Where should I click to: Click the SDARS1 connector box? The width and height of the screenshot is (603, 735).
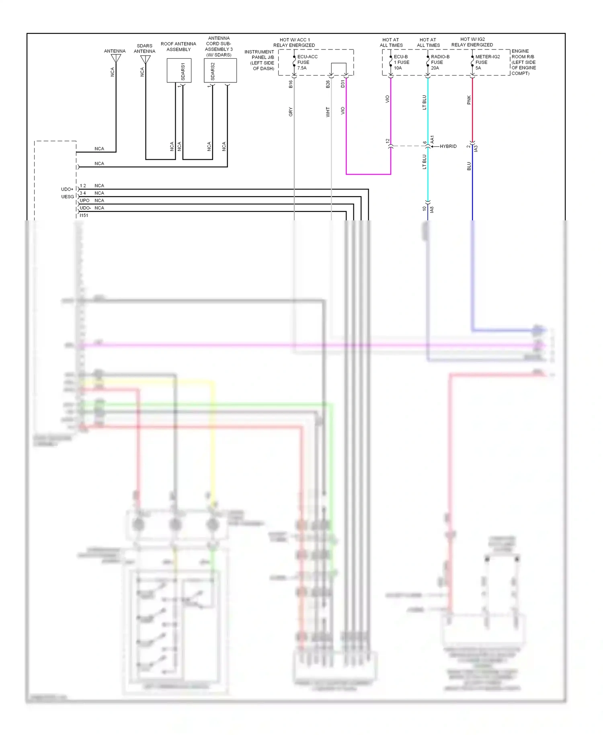point(179,70)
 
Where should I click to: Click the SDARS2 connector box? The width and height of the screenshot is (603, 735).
point(220,70)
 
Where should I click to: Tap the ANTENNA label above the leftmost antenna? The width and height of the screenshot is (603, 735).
point(115,51)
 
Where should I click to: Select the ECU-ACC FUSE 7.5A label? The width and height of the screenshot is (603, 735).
point(307,62)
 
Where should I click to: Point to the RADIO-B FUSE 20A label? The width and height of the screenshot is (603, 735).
point(440,62)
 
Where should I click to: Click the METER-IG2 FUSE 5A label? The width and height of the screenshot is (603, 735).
point(487,62)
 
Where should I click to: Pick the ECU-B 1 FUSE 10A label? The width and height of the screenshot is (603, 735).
point(401,62)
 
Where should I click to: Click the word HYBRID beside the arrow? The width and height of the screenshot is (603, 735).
point(448,146)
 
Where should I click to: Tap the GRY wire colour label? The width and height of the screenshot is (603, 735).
point(291,112)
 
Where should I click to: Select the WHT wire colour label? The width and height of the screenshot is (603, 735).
point(328,112)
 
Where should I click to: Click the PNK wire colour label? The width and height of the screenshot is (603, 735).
point(469,100)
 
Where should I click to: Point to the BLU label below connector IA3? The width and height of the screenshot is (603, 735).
point(469,166)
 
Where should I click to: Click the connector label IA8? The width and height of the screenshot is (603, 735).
point(432,209)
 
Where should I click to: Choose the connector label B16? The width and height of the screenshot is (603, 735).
point(291,84)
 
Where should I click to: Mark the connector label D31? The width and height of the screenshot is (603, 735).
point(343,84)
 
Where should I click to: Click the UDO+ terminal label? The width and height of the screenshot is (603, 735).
point(67,189)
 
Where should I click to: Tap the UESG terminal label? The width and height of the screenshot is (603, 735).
point(68,197)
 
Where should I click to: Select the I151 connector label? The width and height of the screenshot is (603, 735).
point(84,216)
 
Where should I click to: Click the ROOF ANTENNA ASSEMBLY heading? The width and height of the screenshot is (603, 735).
point(178,47)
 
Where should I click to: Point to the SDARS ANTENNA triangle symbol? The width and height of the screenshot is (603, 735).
point(145,59)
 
